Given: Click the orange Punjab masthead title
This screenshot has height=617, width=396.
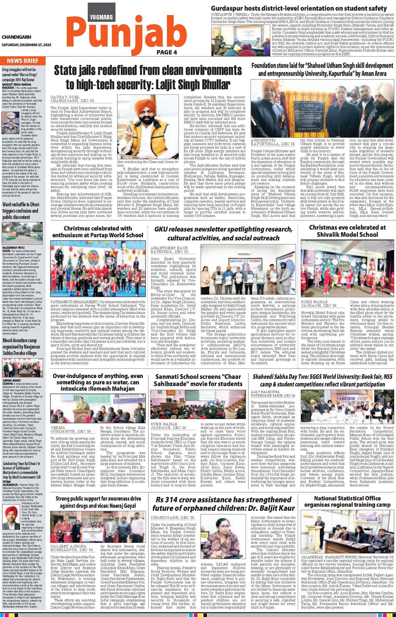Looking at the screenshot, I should (x=125, y=33).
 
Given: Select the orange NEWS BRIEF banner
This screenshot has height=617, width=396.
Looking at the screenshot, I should (x=23, y=61).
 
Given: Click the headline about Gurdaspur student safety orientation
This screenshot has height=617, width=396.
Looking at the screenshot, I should (x=299, y=8).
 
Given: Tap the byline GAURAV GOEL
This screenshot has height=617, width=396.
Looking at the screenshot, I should (x=65, y=97).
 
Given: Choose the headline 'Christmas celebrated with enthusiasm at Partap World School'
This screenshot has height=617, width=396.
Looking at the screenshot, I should (x=98, y=231).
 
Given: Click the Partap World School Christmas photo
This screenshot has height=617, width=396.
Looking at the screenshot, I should (x=98, y=270).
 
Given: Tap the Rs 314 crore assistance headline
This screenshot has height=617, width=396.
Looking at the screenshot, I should (x=223, y=504).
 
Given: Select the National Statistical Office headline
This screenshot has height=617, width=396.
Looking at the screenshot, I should (x=347, y=501).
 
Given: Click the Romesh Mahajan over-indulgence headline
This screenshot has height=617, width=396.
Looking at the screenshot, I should (x=98, y=382).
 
